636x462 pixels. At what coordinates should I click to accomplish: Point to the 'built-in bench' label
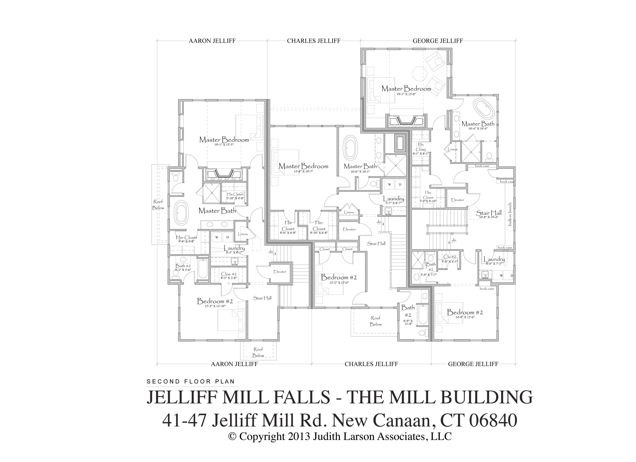pos(510,214)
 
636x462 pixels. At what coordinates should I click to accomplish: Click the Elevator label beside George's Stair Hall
pos(457,200)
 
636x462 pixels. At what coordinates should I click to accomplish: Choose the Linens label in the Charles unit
pos(349,212)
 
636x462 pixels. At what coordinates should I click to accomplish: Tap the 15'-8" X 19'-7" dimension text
pos(303,171)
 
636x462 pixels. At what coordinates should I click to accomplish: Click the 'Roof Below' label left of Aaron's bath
pos(158,205)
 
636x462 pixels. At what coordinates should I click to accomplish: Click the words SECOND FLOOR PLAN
pos(191,382)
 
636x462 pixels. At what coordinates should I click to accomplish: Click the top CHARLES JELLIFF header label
pos(314,41)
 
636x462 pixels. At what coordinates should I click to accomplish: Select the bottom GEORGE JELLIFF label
pos(473,364)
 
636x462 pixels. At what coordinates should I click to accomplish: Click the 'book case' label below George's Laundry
pos(487,289)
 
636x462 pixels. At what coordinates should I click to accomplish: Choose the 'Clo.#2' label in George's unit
pos(449,257)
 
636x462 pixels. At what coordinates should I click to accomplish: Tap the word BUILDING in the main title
pos(486,397)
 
